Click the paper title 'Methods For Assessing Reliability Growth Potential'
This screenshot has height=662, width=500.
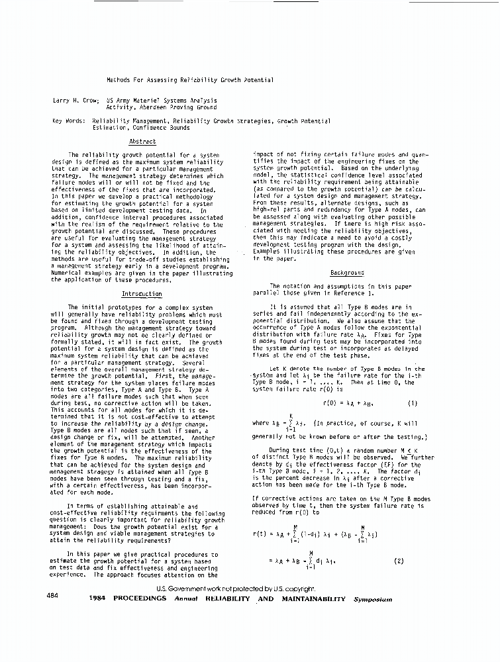coord(190,80)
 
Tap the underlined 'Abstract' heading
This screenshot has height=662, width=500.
coord(142,142)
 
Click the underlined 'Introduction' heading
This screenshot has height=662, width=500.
coord(142,293)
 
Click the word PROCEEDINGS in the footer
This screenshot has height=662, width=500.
coord(140,598)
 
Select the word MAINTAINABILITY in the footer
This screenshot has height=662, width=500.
coord(311,598)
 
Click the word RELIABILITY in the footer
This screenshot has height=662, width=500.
coord(229,598)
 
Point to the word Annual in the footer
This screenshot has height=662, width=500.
coord(186,599)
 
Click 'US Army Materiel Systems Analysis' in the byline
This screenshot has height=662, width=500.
coord(161,100)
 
